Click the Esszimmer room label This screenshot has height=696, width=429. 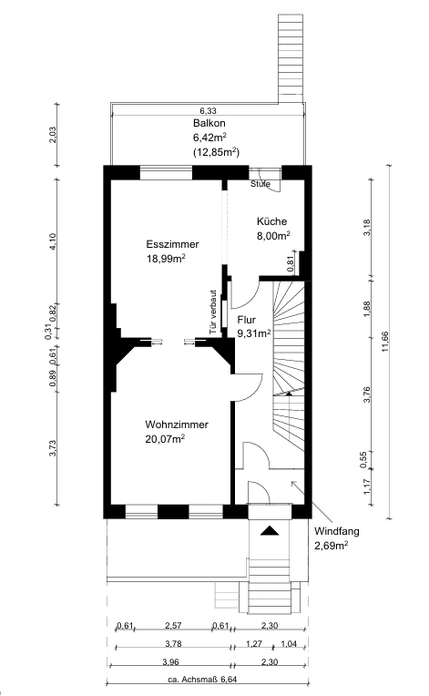tap(172, 244)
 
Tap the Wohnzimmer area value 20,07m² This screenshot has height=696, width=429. tap(165, 439)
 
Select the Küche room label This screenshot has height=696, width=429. tap(272, 221)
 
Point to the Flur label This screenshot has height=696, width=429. tap(247, 320)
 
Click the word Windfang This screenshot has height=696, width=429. tap(337, 531)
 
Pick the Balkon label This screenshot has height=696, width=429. tap(209, 123)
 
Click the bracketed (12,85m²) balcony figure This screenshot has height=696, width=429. tap(216, 152)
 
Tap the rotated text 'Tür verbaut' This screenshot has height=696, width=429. tap(213, 312)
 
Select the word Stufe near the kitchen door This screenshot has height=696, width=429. tap(260, 184)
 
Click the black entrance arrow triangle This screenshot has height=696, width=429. tap(270, 530)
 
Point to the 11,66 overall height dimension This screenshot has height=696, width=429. tap(384, 342)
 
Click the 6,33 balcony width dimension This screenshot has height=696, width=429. tap(208, 111)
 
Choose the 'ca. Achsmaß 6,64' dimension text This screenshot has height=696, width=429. tap(206, 679)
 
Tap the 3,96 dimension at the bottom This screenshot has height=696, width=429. tap(171, 661)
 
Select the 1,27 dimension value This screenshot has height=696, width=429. tap(254, 644)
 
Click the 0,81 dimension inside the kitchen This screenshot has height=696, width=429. tap(291, 264)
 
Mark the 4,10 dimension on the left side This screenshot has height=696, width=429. tap(54, 241)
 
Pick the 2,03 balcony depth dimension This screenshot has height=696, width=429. tap(54, 135)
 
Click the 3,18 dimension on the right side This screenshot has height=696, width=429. tap(367, 228)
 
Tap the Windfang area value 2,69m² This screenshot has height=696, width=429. tap(331, 546)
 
